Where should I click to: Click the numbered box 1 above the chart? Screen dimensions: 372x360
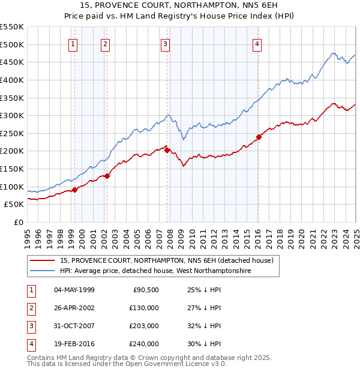(x=73, y=43)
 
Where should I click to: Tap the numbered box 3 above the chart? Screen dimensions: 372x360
(x=165, y=43)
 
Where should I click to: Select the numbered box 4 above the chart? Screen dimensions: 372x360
(x=256, y=43)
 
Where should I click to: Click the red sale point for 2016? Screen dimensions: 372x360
(x=259, y=137)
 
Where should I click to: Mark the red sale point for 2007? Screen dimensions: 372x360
(x=168, y=150)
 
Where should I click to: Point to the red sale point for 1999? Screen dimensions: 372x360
(x=74, y=190)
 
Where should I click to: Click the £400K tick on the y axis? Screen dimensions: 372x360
(x=13, y=80)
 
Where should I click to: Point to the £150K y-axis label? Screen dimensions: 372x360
(x=13, y=169)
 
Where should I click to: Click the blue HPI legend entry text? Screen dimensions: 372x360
(x=155, y=271)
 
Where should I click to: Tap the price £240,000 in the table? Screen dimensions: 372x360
(x=145, y=344)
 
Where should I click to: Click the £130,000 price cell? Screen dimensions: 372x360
(x=145, y=308)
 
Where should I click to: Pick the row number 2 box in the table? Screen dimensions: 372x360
(x=31, y=308)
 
